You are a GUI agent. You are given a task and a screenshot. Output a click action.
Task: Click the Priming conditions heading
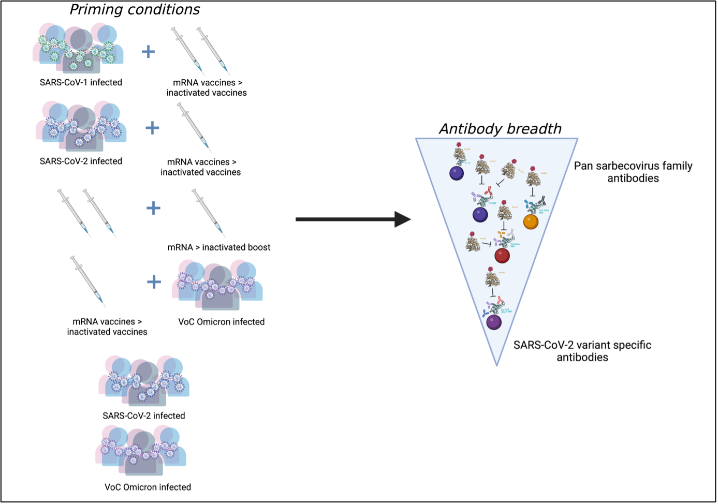[x=135, y=10]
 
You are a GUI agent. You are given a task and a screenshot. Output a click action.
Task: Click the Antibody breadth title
[x=500, y=128]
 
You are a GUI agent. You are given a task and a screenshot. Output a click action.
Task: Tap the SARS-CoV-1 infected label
[x=81, y=82]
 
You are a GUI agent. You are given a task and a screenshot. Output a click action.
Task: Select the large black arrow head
[x=402, y=219]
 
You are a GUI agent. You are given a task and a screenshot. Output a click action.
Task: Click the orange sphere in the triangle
[x=531, y=222]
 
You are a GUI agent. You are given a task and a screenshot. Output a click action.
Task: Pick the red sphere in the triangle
[x=502, y=256]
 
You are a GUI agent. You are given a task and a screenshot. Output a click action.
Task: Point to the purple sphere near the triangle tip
[x=494, y=322]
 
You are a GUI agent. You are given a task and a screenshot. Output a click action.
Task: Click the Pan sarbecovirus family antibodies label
[x=633, y=172]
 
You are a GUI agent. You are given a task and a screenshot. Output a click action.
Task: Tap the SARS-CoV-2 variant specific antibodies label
[x=582, y=351]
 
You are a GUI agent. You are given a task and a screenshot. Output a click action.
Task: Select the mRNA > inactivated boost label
[x=219, y=247]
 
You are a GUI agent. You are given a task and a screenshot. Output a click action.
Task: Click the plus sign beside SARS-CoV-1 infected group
[x=149, y=51]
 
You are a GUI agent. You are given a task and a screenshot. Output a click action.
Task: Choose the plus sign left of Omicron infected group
[x=154, y=282]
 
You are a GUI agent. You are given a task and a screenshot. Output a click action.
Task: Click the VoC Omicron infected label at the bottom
[x=148, y=487]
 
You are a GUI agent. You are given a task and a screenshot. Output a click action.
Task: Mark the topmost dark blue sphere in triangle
[x=457, y=173]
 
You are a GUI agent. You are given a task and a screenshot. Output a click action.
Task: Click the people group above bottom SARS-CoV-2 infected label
[x=144, y=381]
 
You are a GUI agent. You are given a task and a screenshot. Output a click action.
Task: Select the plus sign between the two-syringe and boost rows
[x=153, y=208]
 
